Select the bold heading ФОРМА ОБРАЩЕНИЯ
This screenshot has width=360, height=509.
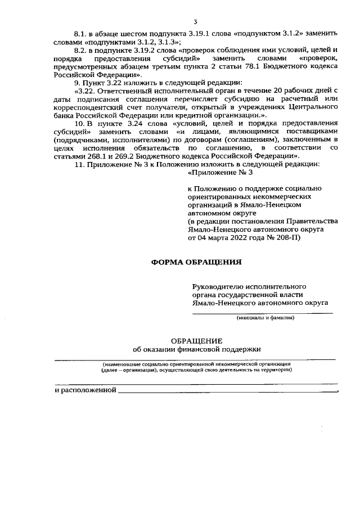[x=196, y=262]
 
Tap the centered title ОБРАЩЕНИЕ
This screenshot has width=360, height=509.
[x=196, y=340]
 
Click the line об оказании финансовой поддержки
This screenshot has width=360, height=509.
[x=197, y=349]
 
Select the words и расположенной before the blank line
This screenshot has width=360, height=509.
[x=85, y=390]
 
